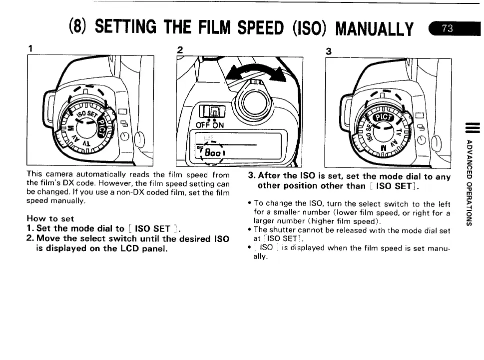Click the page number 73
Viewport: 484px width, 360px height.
(447, 28)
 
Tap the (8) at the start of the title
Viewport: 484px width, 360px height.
(77, 26)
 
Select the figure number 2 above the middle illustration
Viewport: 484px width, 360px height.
(180, 50)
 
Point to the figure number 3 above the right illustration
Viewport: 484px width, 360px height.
(329, 51)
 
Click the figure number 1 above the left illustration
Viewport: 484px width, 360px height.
(30, 48)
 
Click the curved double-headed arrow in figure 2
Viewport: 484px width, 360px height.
(256, 72)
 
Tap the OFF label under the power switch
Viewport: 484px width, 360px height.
(202, 125)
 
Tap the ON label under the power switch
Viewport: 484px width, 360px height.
(218, 125)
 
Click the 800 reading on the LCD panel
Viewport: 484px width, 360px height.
(213, 152)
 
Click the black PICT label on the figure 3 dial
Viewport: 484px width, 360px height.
(384, 117)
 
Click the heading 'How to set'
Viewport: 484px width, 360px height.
(50, 218)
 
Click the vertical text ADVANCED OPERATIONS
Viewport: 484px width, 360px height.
(469, 182)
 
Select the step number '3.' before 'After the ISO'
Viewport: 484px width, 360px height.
(252, 175)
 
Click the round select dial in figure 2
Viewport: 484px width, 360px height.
(254, 102)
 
